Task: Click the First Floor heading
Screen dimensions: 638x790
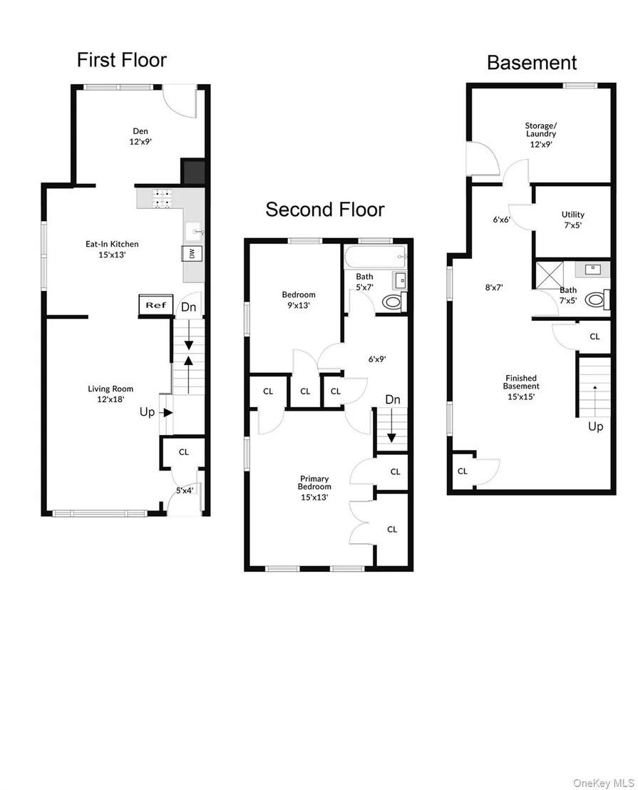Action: [x=121, y=60]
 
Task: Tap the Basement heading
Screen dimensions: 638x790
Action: [x=532, y=63]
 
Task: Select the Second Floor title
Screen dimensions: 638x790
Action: [x=325, y=210]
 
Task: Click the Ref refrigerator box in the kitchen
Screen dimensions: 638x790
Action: [x=156, y=305]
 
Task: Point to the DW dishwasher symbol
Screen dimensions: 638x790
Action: [x=192, y=254]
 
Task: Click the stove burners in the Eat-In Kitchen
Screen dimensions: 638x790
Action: [x=162, y=198]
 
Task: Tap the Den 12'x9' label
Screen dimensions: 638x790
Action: [x=140, y=136]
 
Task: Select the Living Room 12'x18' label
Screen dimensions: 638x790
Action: [x=110, y=394]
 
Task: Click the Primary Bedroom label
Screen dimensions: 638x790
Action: [x=314, y=488]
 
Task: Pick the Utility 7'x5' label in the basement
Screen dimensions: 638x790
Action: [x=573, y=220]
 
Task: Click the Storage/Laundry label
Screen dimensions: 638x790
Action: [x=541, y=135]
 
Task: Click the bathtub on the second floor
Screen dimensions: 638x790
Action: [x=376, y=257]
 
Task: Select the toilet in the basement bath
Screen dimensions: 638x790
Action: [x=597, y=300]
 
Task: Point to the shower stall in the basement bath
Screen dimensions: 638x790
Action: [x=549, y=275]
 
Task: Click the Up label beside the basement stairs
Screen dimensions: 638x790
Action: [x=596, y=427]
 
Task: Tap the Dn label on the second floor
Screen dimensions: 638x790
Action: [x=393, y=399]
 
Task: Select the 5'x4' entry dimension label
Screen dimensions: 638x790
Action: [x=185, y=491]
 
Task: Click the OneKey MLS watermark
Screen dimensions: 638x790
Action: [x=604, y=782]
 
